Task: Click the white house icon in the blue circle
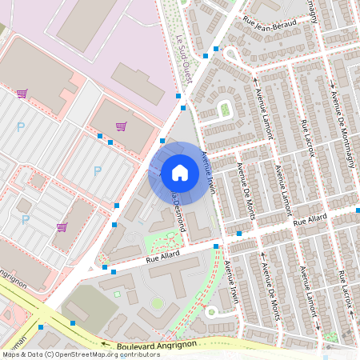(x=180, y=172)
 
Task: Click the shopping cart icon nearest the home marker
(x=121, y=126)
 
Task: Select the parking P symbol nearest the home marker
(x=98, y=170)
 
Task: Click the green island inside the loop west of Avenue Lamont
(x=225, y=109)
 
